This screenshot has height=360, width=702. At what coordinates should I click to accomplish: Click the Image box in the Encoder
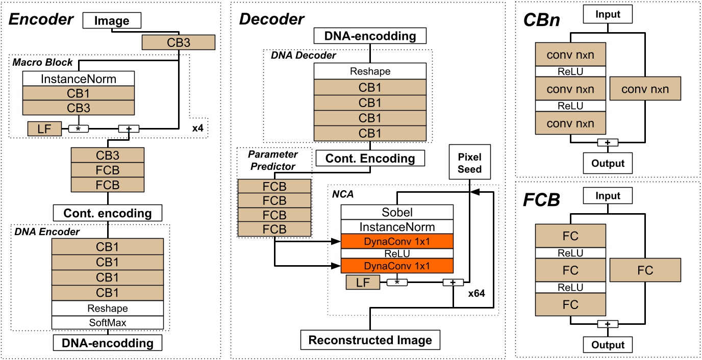pos(111,21)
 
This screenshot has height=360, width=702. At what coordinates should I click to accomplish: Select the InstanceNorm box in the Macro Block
pos(78,79)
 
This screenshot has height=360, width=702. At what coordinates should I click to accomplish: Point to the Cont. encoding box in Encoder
pos(107,212)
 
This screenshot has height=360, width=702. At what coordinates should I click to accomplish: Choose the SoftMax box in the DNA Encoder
pos(107,323)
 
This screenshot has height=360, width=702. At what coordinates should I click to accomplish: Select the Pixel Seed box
pos(470,162)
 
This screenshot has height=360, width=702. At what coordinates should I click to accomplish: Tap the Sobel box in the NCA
pos(397,212)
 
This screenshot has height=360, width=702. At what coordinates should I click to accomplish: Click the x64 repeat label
pos(477,294)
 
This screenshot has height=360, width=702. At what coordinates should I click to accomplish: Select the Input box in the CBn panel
pos(607,14)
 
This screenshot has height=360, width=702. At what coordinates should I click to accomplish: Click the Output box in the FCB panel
pos(607,345)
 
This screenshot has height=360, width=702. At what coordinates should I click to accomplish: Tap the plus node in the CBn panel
pos(607,143)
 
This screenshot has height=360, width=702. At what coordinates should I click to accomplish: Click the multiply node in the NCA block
pos(398,281)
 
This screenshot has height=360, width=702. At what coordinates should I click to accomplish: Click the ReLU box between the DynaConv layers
pos(397,253)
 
